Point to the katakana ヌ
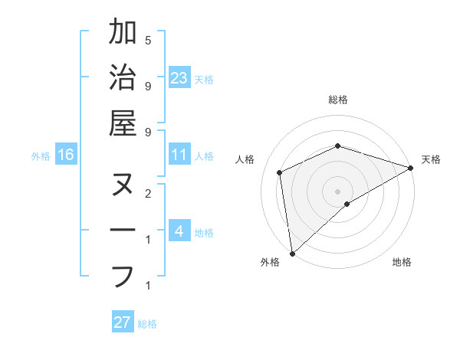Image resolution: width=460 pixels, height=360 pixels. tap(123, 185)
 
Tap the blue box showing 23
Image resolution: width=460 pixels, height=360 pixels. tap(179, 78)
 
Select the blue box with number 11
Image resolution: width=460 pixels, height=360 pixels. tap(179, 155)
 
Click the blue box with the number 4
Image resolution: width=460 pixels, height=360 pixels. tap(179, 231)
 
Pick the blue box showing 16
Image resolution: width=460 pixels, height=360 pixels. tap(66, 155)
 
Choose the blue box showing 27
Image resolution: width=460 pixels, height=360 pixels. tap(123, 322)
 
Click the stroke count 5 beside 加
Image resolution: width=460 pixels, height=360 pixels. tap(148, 40)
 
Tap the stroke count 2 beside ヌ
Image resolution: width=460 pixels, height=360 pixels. tap(148, 193)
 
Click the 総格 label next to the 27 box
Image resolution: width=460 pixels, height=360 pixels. tap(148, 324)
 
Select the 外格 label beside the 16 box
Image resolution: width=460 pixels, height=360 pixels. tap(41, 156)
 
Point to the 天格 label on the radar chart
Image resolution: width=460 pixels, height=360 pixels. tap(431, 159)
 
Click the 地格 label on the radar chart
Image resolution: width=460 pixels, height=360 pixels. tap(402, 263)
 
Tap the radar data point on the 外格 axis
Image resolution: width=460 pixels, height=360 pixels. tap(292, 253)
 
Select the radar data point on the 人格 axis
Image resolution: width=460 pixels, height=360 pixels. tap(280, 172)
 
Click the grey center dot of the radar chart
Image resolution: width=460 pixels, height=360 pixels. tap(337, 191)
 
